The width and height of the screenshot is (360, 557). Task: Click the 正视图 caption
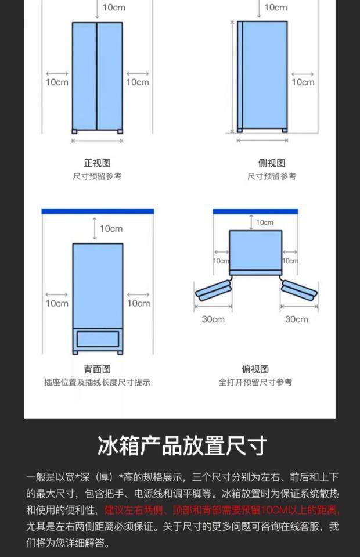click(98, 163)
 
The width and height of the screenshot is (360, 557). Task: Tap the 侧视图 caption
click(272, 163)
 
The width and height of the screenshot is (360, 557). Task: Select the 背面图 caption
click(98, 369)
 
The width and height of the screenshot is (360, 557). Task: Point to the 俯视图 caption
click(255, 369)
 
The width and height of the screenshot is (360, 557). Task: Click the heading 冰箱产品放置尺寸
click(182, 446)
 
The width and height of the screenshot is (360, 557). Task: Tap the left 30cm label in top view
click(213, 319)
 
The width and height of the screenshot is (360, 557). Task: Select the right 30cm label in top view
click(296, 319)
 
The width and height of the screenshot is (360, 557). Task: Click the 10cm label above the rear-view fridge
click(111, 228)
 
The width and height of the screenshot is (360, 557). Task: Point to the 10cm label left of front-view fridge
click(57, 82)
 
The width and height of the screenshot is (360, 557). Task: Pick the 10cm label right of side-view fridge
click(303, 82)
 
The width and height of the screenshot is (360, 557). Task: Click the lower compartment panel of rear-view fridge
click(98, 339)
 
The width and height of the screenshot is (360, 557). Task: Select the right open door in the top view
click(298, 289)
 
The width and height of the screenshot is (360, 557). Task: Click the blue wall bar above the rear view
click(98, 211)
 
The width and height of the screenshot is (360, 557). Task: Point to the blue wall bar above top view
click(255, 211)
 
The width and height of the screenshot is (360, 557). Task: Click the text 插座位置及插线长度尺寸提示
click(98, 382)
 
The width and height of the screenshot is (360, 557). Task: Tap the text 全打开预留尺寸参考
click(255, 382)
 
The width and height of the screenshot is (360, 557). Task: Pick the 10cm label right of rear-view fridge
click(138, 303)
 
